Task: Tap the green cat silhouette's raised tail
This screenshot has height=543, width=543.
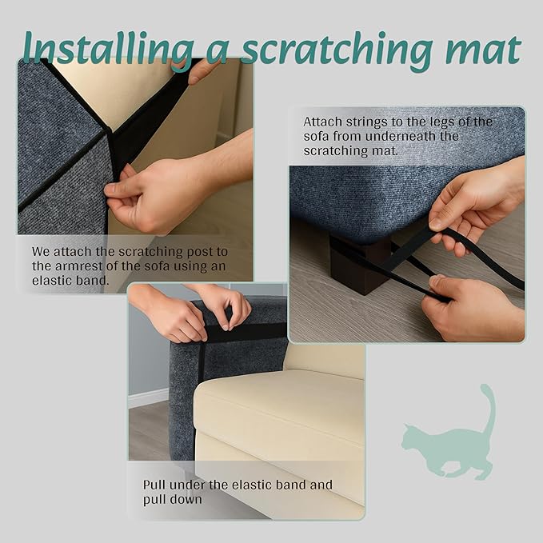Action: pyautogui.click(x=486, y=408)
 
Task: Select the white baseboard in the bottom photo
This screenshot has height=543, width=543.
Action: pyautogui.click(x=149, y=397)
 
